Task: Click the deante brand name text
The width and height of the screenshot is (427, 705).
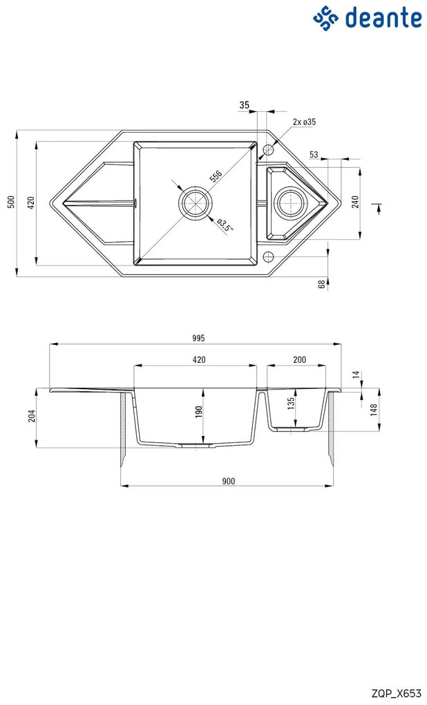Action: tap(383, 18)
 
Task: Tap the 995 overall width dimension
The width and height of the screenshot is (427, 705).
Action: tap(198, 338)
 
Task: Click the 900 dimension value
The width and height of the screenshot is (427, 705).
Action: tap(228, 481)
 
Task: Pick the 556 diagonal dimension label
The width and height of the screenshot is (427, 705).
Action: tap(216, 176)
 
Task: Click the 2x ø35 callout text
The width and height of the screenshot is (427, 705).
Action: tap(304, 122)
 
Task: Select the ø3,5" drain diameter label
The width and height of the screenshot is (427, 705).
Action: tap(225, 225)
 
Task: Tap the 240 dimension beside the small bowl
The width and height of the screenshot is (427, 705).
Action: tap(355, 203)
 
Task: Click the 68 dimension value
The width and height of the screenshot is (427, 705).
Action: tap(321, 283)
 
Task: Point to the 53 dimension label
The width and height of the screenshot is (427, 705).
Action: tap(314, 155)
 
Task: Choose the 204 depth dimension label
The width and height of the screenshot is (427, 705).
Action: tap(32, 416)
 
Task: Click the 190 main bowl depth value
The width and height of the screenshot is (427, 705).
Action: tap(199, 411)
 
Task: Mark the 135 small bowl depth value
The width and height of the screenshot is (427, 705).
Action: tap(291, 402)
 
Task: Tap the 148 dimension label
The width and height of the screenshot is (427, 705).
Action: tap(374, 410)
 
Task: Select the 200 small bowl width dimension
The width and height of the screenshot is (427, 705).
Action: tap(299, 359)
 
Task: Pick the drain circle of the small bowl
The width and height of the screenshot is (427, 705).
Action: tap(290, 203)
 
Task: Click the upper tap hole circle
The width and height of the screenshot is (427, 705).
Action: tap(268, 149)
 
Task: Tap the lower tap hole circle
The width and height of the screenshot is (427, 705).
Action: tap(268, 256)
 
